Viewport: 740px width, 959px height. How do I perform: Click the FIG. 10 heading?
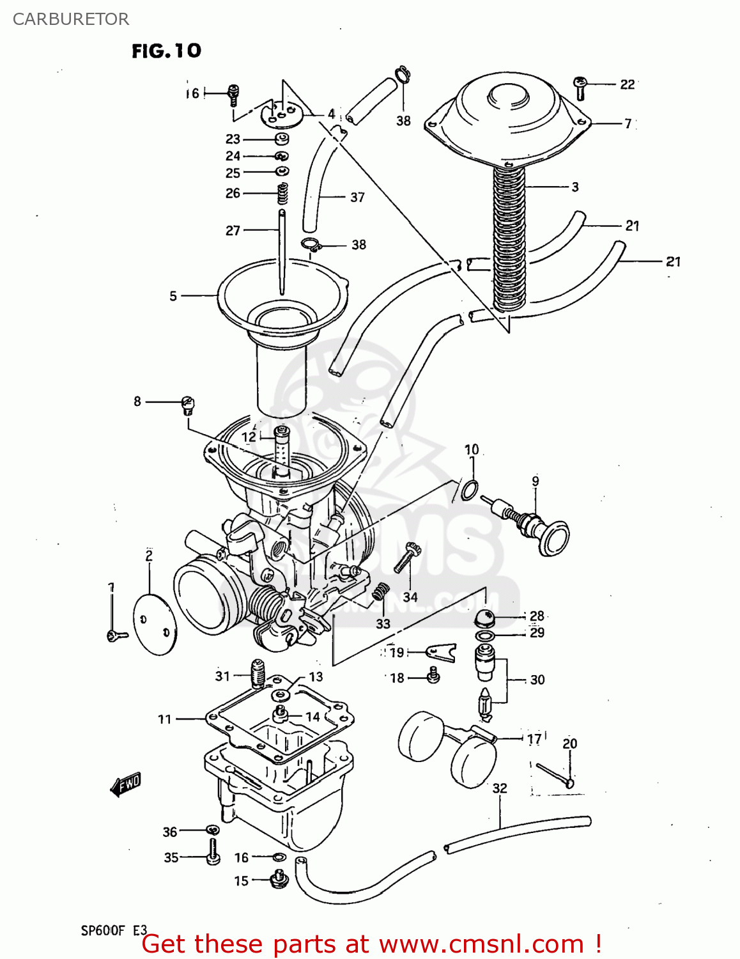[x=166, y=51]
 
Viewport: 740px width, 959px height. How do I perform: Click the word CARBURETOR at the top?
[x=71, y=19]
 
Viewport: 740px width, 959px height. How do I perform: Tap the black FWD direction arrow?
[x=126, y=784]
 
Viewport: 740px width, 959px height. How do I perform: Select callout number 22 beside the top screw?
[x=627, y=84]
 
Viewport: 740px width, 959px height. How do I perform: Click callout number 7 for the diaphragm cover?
[x=628, y=123]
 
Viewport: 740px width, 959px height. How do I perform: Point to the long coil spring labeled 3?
[x=509, y=237]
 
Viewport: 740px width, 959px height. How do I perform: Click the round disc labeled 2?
[x=154, y=624]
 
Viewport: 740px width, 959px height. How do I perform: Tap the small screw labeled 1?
[x=116, y=635]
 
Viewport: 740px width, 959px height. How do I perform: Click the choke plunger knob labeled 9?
[x=552, y=539]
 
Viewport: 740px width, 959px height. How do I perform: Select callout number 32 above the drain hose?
[x=499, y=788]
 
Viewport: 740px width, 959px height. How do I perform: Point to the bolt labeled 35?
[x=212, y=851]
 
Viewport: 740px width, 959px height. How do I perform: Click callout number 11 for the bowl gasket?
[x=165, y=719]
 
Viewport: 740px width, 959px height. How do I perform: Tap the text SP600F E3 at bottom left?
[x=113, y=930]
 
